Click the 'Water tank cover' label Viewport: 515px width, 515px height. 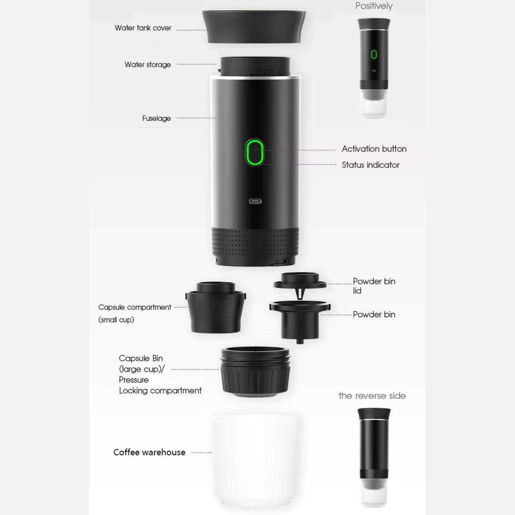[x=143, y=28]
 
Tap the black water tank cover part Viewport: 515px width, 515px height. [x=254, y=27]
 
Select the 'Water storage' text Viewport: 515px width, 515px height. [x=147, y=65]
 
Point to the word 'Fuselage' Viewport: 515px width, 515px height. [x=156, y=118]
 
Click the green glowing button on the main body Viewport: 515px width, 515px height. [x=255, y=153]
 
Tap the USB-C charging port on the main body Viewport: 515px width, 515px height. [x=255, y=201]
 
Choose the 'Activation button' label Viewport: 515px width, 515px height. [x=374, y=149]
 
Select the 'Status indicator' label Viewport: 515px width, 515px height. [x=370, y=165]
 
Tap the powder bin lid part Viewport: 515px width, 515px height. [x=300, y=283]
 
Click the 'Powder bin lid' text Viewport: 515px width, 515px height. [x=374, y=286]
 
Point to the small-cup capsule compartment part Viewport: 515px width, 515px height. [x=216, y=307]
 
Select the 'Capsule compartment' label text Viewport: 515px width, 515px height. [x=135, y=307]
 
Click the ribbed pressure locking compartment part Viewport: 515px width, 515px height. [x=255, y=372]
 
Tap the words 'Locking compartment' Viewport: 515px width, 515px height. [x=160, y=391]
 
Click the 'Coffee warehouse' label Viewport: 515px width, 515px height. [x=149, y=452]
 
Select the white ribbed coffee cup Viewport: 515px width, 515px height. [x=256, y=460]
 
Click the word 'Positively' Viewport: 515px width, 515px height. [x=374, y=6]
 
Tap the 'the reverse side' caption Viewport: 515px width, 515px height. [x=372, y=395]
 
